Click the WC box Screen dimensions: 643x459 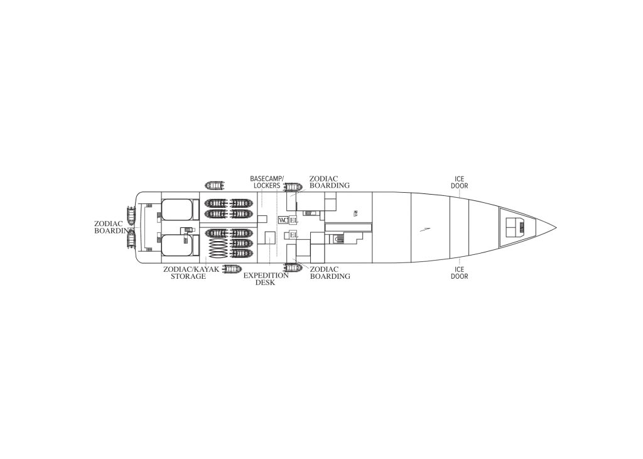[283, 220]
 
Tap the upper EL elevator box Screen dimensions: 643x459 [294, 220]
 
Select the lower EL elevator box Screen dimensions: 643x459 [294, 235]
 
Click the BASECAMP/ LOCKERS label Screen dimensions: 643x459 [266, 182]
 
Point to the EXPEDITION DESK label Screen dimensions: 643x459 [266, 279]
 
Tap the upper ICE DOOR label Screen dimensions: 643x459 [459, 183]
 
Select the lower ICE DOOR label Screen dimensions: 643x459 [459, 273]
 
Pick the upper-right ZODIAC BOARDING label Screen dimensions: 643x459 [330, 182]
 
